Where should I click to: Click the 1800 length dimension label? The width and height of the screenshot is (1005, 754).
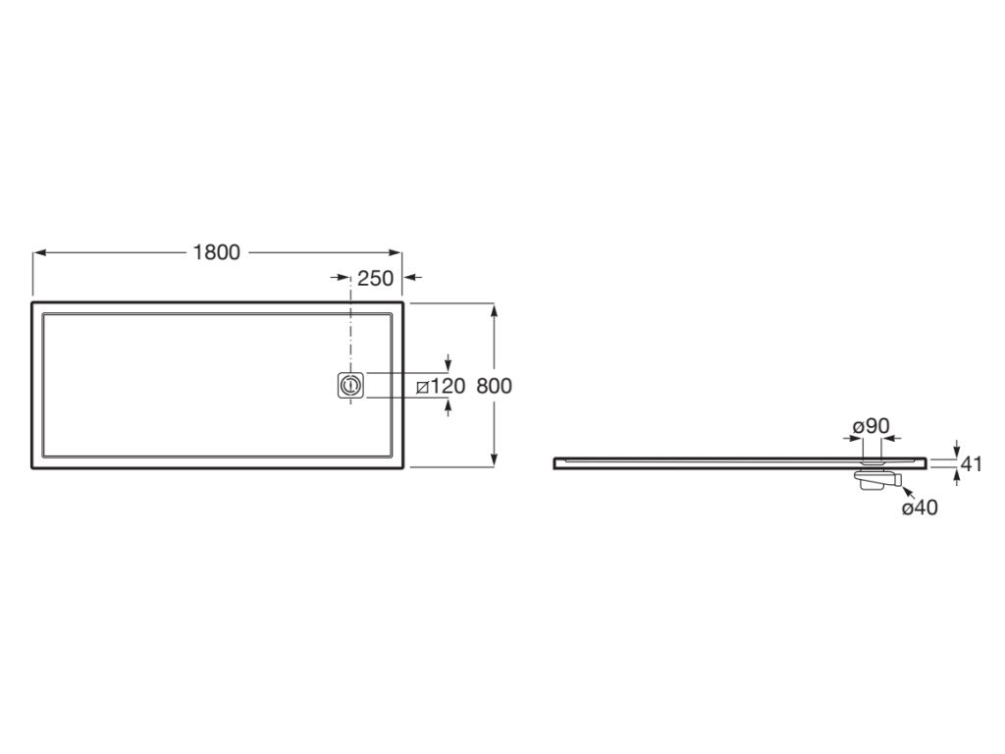click(217, 252)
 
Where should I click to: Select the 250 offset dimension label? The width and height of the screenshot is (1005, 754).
click(375, 278)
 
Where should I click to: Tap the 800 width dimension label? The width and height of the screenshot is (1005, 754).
click(495, 385)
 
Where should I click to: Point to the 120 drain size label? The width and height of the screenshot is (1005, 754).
click(447, 386)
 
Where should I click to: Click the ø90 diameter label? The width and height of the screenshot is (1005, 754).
click(872, 426)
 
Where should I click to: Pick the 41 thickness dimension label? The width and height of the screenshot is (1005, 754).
click(973, 463)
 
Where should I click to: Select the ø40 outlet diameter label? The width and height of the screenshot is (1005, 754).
click(919, 508)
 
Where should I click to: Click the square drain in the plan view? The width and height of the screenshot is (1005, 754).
click(350, 385)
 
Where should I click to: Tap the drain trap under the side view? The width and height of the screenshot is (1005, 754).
click(876, 479)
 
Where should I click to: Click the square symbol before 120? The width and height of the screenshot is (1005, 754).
click(422, 387)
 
